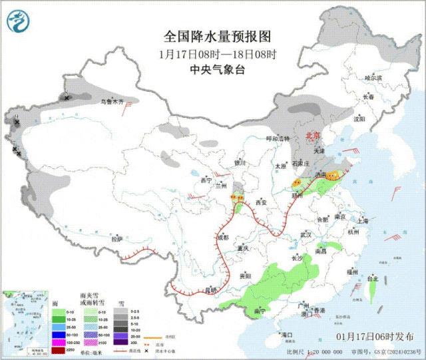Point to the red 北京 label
(x=312, y=135)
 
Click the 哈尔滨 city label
(x=373, y=78)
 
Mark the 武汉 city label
(x=306, y=235)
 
